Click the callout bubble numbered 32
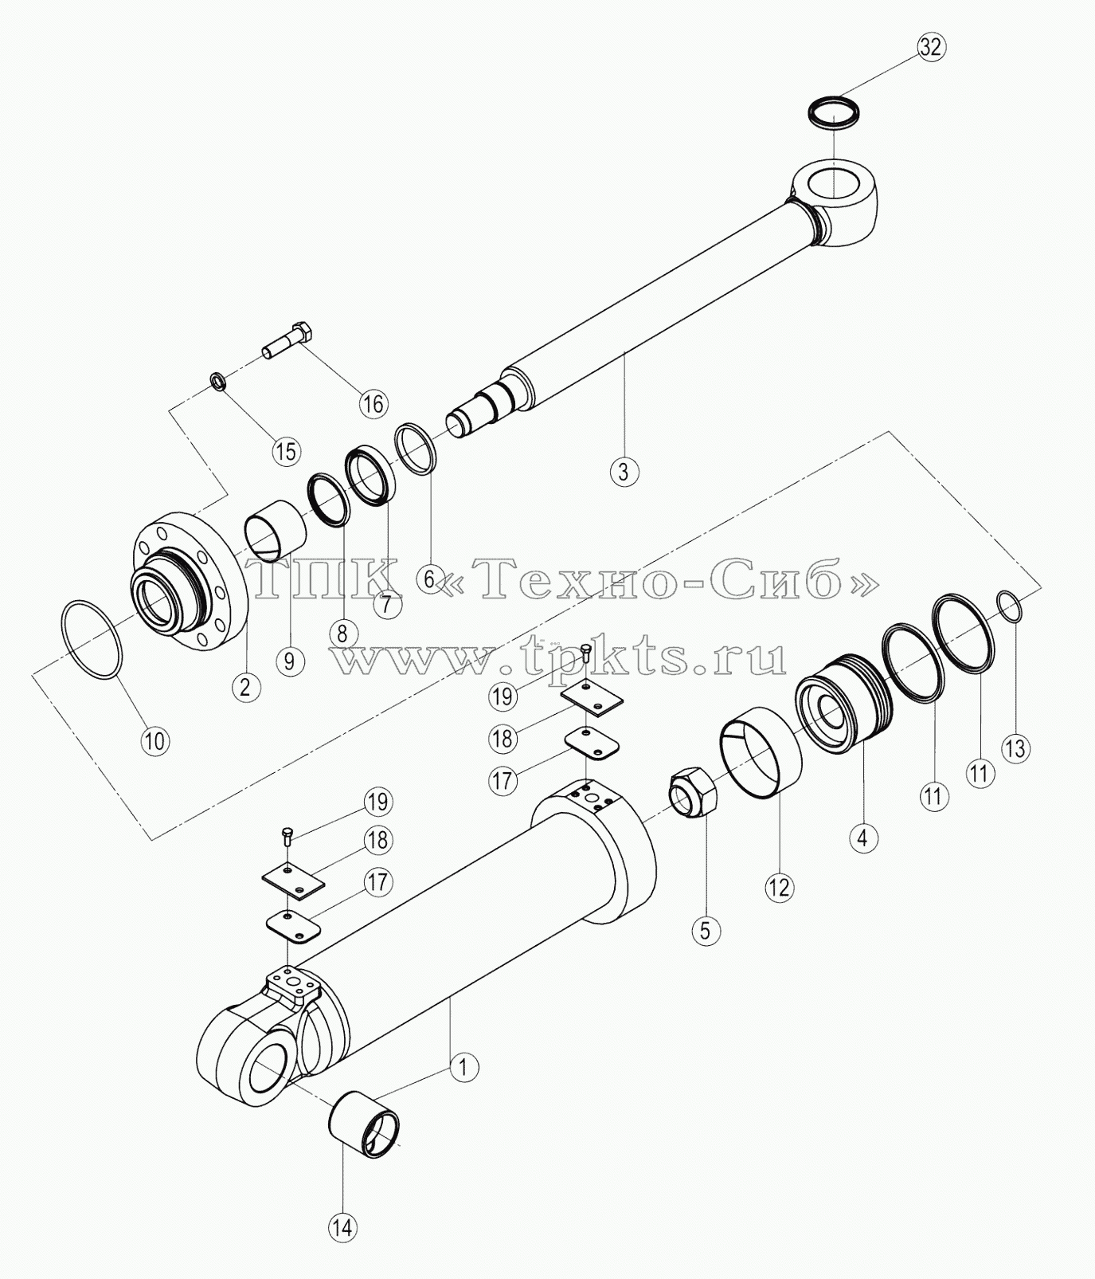929,47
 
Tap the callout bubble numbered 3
624,471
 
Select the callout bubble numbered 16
373,403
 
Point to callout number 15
285,451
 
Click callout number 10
155,740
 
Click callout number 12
780,885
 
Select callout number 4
862,837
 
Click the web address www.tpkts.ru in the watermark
558,659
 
